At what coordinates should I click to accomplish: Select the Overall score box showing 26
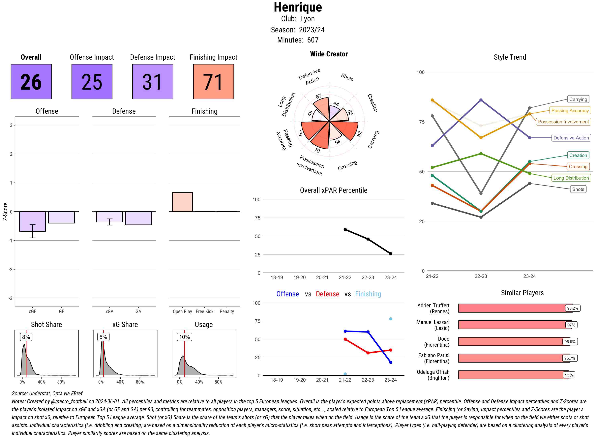[x=31, y=81]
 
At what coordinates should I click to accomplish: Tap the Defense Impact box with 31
[x=153, y=81]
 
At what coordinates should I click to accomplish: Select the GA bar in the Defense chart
[x=138, y=218]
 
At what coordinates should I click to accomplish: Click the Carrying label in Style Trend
[x=578, y=99]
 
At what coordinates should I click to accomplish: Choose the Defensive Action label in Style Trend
[x=571, y=138]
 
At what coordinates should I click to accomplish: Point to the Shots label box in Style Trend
[x=578, y=189]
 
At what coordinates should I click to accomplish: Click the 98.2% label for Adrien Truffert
[x=572, y=308]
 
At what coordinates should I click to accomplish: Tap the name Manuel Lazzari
[x=433, y=322]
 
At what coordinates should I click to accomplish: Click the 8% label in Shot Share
[x=26, y=337]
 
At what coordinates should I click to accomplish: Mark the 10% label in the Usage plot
[x=184, y=337]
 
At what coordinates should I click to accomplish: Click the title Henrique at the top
[x=298, y=7]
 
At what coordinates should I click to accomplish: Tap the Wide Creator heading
[x=329, y=54]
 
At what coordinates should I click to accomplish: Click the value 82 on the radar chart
[x=359, y=134]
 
